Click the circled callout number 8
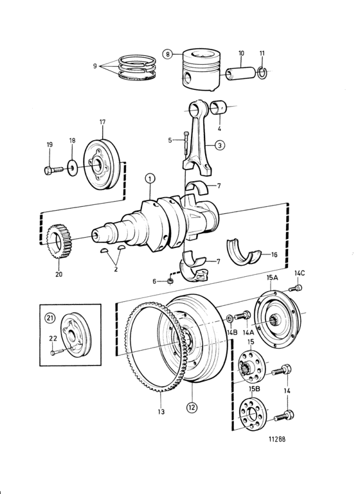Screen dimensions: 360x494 [168, 54]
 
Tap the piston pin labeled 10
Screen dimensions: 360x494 [242, 73]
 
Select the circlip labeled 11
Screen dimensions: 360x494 [262, 73]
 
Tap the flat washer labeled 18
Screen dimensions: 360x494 [73, 167]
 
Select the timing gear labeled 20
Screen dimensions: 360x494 [59, 242]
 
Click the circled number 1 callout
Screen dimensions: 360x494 [150, 179]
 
